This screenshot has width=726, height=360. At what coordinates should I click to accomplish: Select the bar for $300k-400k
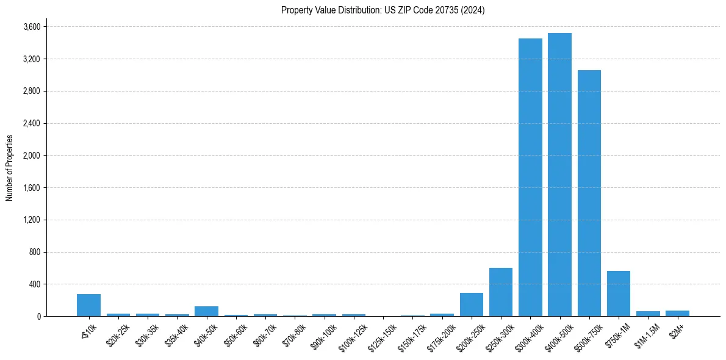coord(530,177)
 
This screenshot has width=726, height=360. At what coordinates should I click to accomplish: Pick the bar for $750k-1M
coord(619,293)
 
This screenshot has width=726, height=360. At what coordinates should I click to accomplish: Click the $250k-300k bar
coord(501,292)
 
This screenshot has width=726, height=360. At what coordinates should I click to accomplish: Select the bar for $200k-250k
coord(471,304)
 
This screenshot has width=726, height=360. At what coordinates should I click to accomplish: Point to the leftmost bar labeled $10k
coord(88,305)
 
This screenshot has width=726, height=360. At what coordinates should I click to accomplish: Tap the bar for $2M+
coord(677,314)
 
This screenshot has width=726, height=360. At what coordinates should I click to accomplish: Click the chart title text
coord(383,10)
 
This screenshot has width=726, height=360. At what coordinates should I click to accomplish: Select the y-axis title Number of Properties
coord(9,168)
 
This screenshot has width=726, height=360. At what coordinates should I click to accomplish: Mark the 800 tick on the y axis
coord(35,252)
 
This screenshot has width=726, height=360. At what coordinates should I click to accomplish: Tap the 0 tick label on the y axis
coord(38,316)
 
